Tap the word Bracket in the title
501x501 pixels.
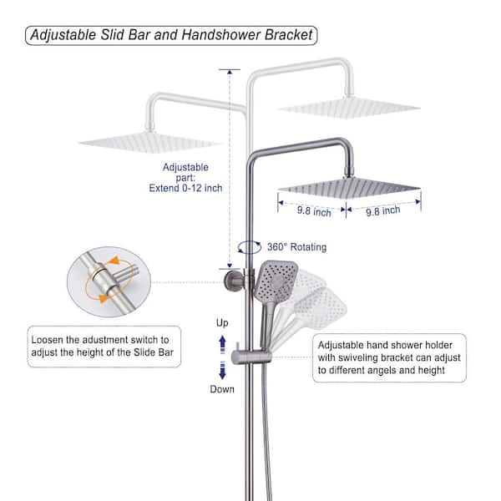(x=289, y=35)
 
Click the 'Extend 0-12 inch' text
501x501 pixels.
(x=185, y=188)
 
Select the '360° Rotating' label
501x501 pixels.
(x=296, y=247)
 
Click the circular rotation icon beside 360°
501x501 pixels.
(x=249, y=247)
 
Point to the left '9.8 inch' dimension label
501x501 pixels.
(x=314, y=211)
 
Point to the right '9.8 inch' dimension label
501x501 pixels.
(x=382, y=211)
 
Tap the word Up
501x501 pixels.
(x=222, y=322)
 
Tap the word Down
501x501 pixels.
(x=222, y=389)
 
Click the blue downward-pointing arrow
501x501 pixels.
(x=222, y=370)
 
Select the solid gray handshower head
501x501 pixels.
(x=276, y=281)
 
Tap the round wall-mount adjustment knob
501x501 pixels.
(x=230, y=281)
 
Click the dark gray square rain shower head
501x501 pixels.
(x=349, y=188)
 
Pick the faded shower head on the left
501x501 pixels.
(x=150, y=143)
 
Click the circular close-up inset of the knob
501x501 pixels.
(x=109, y=281)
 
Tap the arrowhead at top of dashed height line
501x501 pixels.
(x=230, y=72)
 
